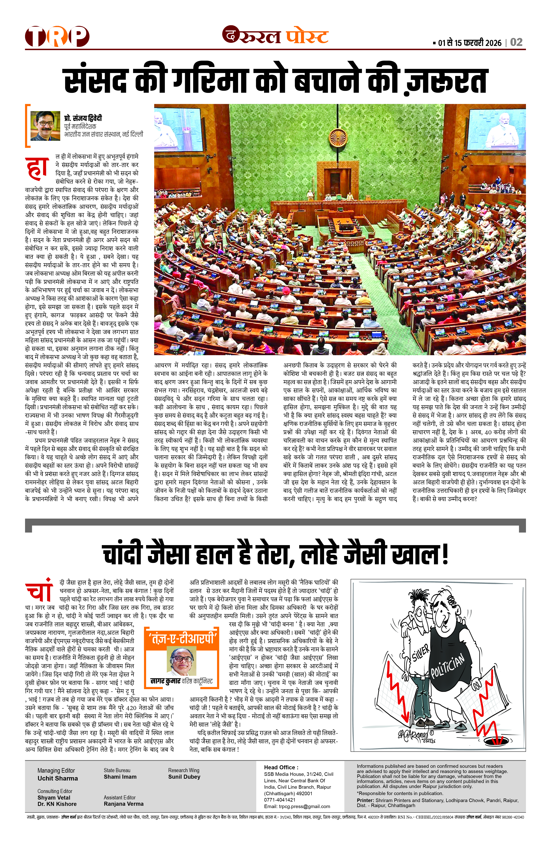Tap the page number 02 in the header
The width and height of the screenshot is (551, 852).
516,42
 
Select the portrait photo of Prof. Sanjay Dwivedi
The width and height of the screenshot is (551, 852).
45,126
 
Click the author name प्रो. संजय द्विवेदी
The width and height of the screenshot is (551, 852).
83,118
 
